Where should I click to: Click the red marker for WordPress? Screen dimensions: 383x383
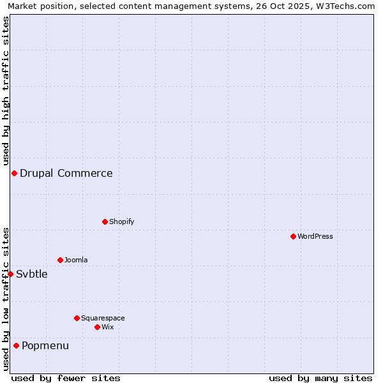293,236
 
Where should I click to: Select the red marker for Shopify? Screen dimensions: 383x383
105,222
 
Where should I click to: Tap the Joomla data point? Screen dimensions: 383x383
60,260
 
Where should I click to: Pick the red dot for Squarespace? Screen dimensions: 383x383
77,318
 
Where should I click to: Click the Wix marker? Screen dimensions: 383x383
97,327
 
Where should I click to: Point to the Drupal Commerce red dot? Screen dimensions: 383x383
14,173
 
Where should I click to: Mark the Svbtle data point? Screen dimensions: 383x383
10,274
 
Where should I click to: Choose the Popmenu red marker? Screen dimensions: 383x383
16,345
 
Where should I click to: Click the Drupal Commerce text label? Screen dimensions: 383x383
66,173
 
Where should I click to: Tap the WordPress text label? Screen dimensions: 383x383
315,236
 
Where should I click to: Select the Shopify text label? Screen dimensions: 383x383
122,222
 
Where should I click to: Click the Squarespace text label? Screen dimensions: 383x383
103,318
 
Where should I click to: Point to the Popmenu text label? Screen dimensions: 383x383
45,345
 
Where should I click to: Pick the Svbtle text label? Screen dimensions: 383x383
32,274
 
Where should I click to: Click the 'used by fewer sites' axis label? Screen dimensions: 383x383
66,378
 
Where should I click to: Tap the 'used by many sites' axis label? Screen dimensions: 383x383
320,378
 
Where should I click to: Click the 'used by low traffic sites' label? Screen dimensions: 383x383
6,299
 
